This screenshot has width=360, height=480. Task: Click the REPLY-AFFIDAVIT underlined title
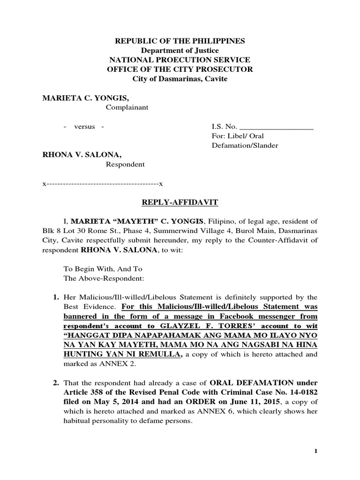click(x=180, y=202)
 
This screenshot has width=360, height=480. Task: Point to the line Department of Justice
click(x=180, y=50)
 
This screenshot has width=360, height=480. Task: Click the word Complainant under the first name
click(x=127, y=107)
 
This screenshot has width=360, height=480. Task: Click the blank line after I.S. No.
click(x=276, y=127)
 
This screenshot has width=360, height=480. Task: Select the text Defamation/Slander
click(x=245, y=145)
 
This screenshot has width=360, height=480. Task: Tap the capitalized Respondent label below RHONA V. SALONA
click(x=125, y=165)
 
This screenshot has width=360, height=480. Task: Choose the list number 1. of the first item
click(x=55, y=297)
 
